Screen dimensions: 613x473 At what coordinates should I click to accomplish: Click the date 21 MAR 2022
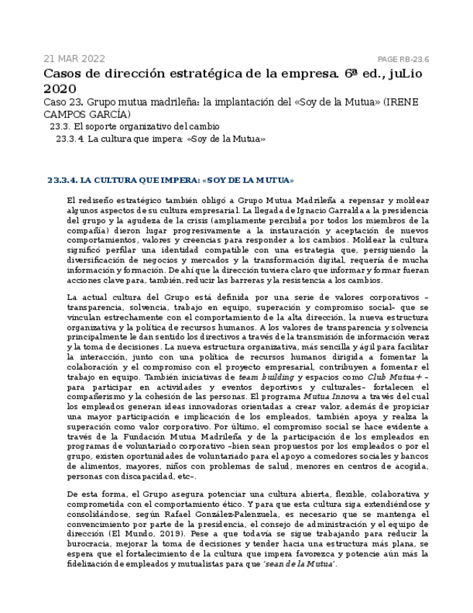(74, 59)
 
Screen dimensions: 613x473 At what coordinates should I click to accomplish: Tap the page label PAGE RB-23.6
(403, 59)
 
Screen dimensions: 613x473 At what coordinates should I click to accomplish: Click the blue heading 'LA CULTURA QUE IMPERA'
(137, 180)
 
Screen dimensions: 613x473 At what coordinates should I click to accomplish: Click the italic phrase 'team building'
(266, 377)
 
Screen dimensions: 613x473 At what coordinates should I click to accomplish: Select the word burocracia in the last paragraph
(92, 544)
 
